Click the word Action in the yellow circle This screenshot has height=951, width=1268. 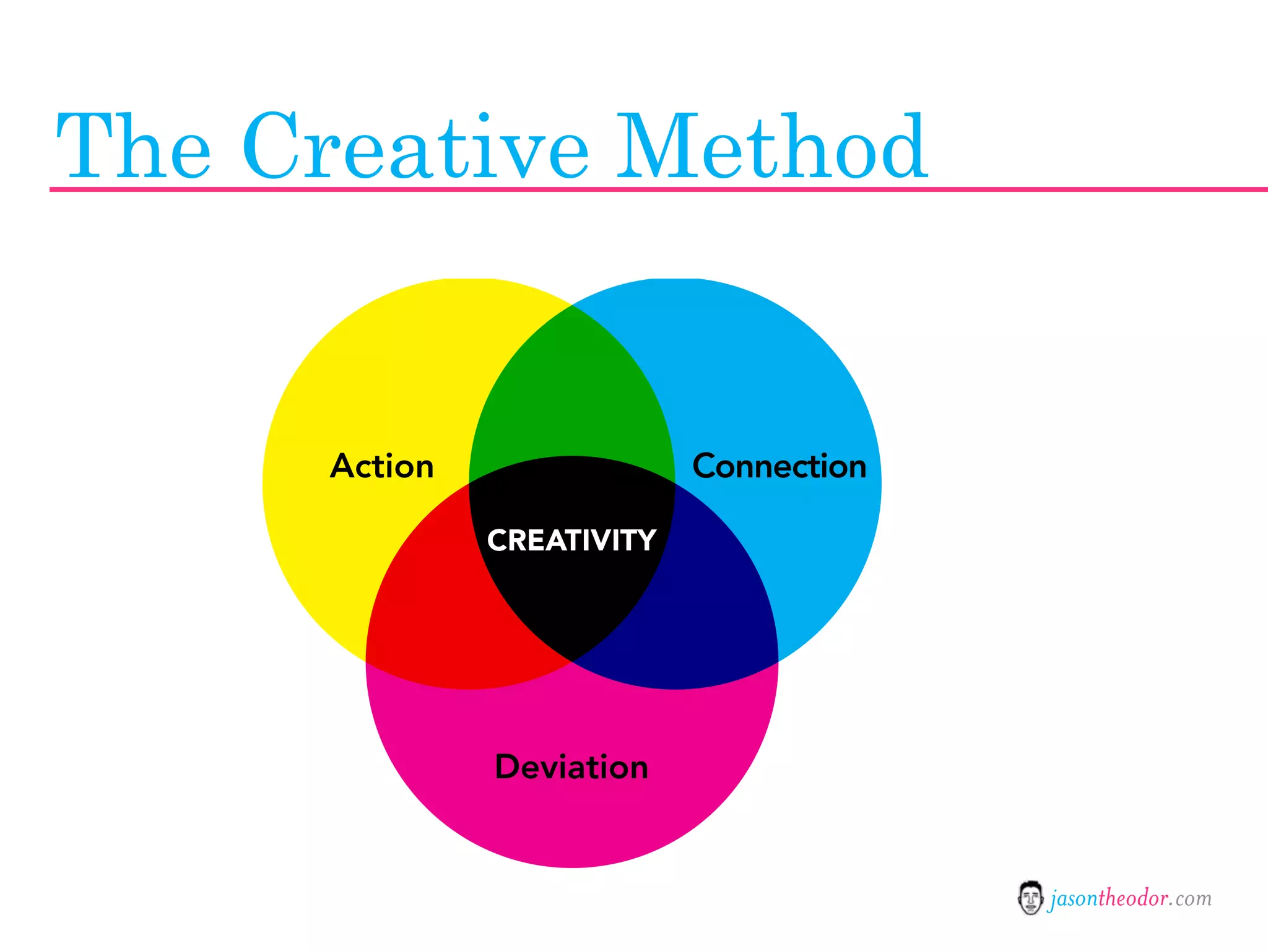[x=381, y=466]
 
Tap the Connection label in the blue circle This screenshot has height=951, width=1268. [x=779, y=466]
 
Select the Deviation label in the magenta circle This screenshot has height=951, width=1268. [x=571, y=767]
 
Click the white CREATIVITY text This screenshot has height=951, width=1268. [x=571, y=540]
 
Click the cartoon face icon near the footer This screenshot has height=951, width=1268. [x=1030, y=898]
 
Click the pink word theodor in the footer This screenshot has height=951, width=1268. [x=1132, y=898]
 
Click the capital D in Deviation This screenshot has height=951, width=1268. [x=509, y=767]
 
